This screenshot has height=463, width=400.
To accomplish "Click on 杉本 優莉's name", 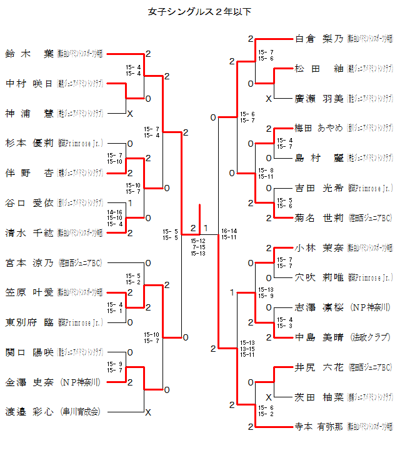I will [29, 143].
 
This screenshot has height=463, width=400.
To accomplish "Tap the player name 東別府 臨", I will [29, 322].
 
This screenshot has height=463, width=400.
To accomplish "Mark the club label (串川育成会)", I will [81, 412].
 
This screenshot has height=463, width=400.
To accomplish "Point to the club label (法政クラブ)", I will [370, 337].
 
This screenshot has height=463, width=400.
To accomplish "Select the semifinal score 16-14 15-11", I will [229, 234].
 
